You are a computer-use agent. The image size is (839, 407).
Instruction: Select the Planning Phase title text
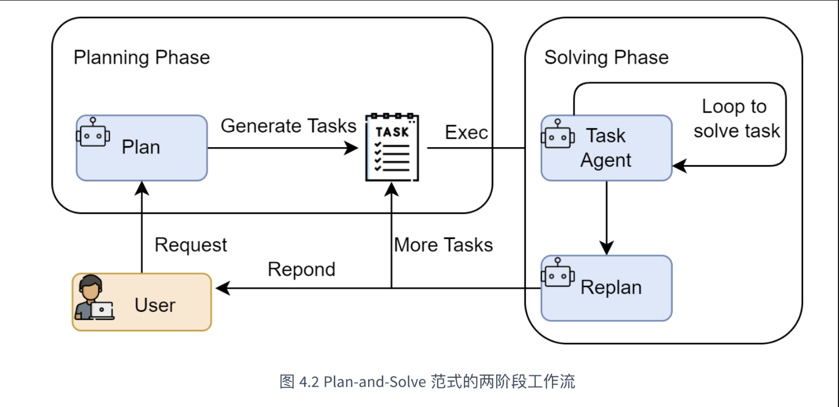click(142, 57)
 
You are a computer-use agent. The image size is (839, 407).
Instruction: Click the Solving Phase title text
click(606, 57)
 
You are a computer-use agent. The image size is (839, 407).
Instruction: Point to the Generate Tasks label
click(288, 126)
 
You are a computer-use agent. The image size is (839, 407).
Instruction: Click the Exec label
click(466, 132)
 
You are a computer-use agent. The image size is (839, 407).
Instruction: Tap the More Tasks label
click(443, 245)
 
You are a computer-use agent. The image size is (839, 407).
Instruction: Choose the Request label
click(191, 245)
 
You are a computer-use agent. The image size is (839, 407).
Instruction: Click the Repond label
click(301, 269)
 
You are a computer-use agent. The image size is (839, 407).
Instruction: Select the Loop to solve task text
click(736, 119)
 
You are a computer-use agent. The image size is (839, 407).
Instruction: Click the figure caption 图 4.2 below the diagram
click(427, 382)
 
